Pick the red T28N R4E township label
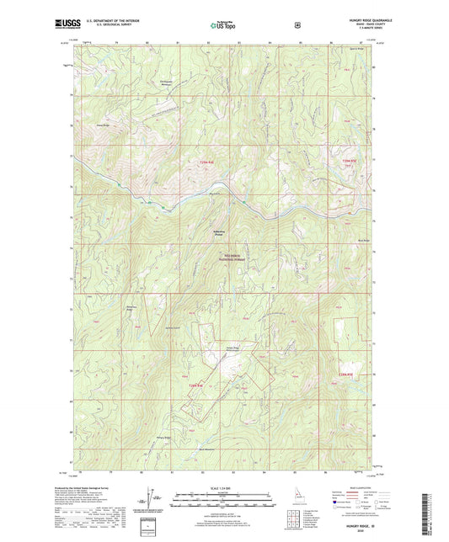click(x=197, y=385)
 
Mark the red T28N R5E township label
click(x=347, y=375)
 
